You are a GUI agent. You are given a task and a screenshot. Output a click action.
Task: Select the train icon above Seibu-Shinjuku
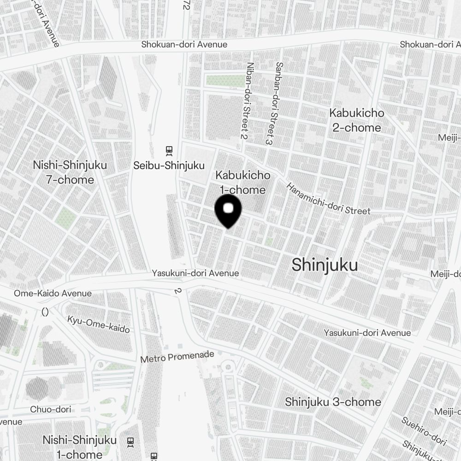point(169,150)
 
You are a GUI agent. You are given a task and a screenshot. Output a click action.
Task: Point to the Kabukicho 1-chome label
point(242,183)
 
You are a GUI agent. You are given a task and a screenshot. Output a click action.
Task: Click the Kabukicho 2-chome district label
point(357,120)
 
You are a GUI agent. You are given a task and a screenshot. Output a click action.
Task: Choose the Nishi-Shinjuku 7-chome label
point(70,172)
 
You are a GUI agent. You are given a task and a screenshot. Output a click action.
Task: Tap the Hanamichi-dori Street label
point(328,199)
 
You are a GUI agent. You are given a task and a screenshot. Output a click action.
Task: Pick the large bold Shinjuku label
point(325,265)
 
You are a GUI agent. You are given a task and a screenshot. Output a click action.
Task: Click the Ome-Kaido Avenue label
point(53,293)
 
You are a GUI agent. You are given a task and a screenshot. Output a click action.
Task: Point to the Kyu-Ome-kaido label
point(98,324)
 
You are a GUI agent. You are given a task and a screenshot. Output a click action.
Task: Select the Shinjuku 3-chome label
point(333,402)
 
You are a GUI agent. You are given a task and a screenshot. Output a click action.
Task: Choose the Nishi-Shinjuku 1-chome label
point(79,447)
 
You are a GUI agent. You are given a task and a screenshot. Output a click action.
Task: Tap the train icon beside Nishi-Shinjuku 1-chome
point(130,442)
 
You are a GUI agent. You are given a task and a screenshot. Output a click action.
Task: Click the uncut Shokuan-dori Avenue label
point(184,44)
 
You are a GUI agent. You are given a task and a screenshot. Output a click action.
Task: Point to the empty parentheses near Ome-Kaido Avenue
point(45,312)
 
